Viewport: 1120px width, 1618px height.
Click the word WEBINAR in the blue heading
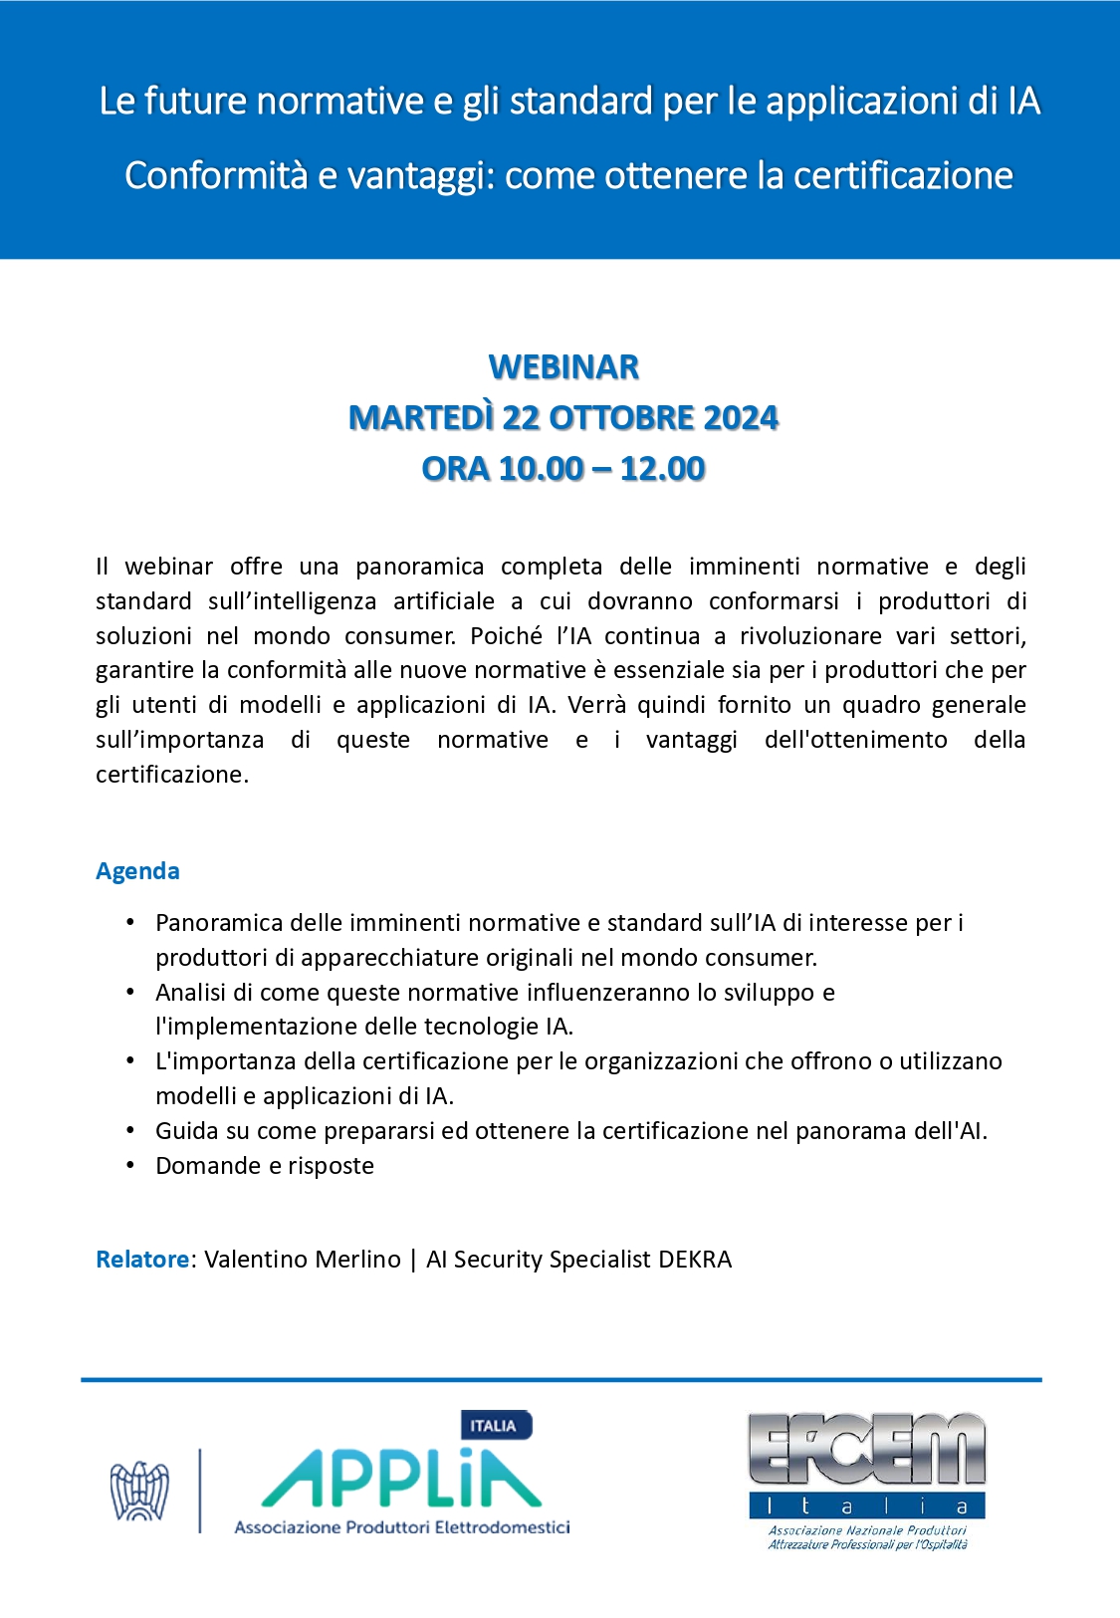(x=563, y=367)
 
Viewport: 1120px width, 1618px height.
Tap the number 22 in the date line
(x=520, y=418)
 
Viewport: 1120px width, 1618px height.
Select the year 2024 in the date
(x=741, y=418)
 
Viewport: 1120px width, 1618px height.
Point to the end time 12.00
(x=662, y=469)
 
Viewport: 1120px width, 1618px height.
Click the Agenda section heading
(x=137, y=871)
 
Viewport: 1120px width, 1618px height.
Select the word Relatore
(x=141, y=1260)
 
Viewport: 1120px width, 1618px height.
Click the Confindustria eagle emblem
(x=139, y=1491)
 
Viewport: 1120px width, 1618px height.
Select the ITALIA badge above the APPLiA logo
(x=495, y=1426)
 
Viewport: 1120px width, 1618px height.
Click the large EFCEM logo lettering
(x=866, y=1452)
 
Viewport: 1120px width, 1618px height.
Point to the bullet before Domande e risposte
(x=130, y=1165)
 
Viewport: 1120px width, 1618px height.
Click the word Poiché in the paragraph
(x=506, y=636)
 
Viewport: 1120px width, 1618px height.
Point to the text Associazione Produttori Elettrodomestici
(x=401, y=1527)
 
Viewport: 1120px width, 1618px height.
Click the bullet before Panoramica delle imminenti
(x=130, y=923)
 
